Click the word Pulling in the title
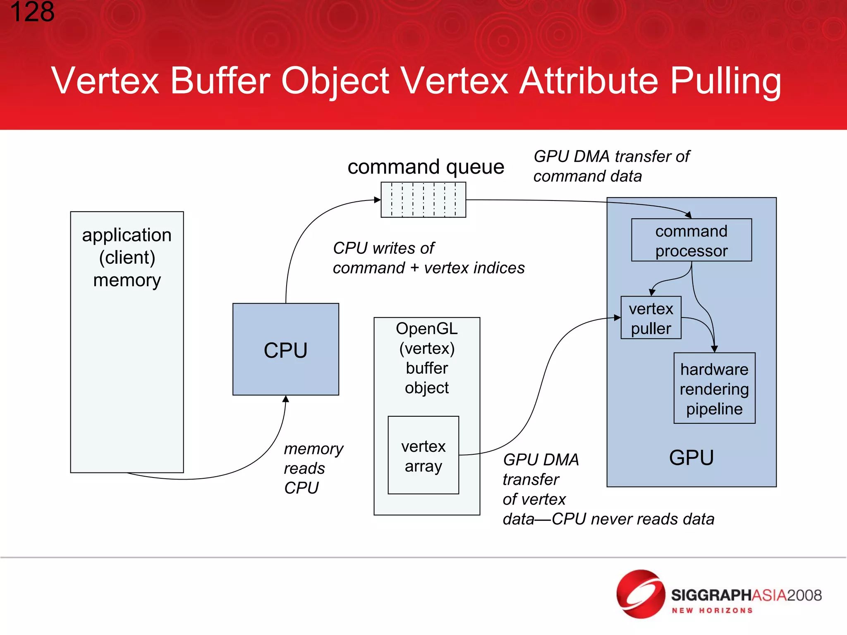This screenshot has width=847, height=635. (x=725, y=81)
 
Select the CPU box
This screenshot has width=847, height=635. (x=285, y=350)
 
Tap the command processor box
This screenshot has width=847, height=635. (x=691, y=240)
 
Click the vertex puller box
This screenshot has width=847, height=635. (x=651, y=318)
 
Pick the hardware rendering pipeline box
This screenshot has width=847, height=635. (x=714, y=388)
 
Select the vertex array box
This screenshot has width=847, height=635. (x=423, y=455)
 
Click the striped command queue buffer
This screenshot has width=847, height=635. (x=423, y=200)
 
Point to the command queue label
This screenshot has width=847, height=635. (x=426, y=167)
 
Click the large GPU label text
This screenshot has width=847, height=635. (x=691, y=458)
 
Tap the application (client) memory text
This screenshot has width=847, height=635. (x=127, y=257)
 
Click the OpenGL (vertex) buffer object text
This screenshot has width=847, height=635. (x=426, y=358)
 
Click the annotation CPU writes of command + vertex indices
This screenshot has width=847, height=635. (x=428, y=258)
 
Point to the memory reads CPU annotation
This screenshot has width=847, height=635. (x=313, y=468)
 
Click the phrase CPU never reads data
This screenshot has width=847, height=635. (x=633, y=519)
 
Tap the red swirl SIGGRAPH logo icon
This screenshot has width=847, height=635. (x=640, y=594)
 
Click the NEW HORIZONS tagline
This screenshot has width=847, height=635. (x=712, y=611)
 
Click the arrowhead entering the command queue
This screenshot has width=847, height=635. (x=377, y=200)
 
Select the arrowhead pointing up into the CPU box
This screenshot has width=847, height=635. (x=285, y=399)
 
